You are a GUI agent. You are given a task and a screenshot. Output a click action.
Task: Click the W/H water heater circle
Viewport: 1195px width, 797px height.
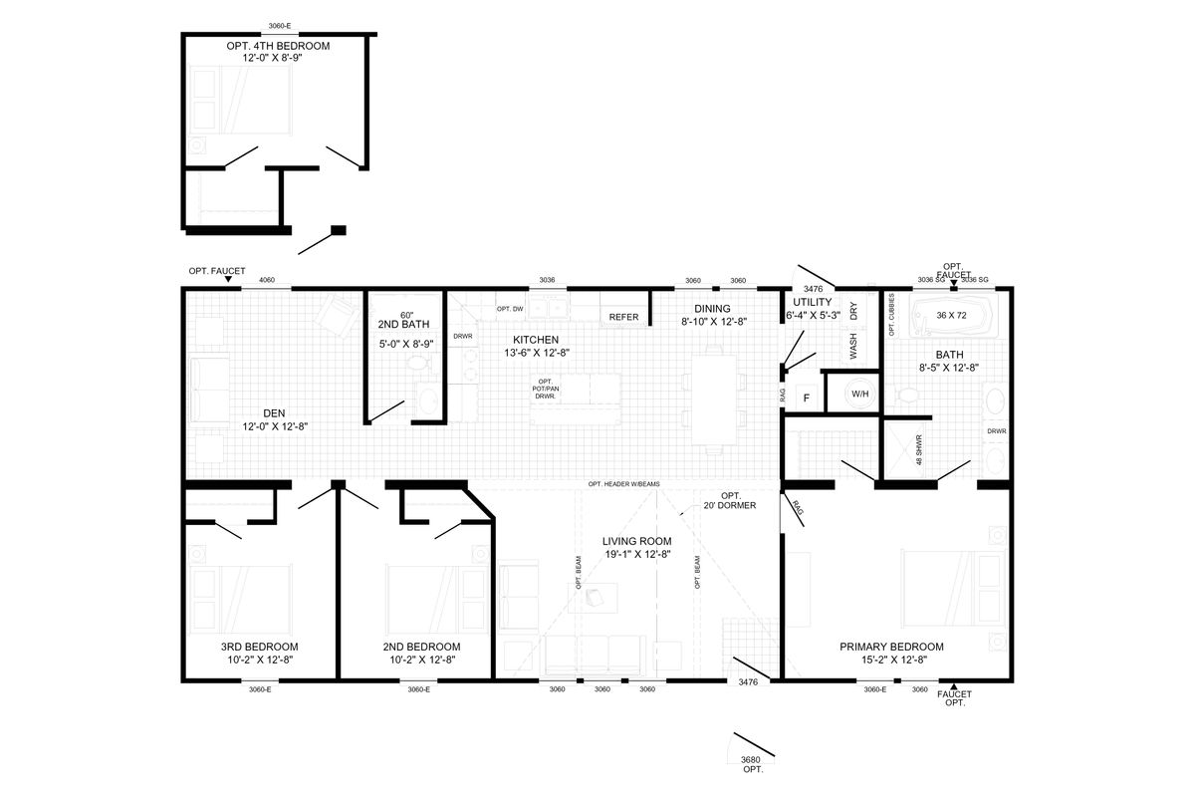point(860,394)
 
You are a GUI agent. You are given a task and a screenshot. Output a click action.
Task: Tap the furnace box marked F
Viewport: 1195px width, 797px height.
point(806,398)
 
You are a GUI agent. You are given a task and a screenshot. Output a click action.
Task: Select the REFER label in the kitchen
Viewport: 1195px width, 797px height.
point(623,317)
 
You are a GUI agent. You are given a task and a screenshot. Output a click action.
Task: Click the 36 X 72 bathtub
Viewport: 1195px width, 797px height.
point(953,316)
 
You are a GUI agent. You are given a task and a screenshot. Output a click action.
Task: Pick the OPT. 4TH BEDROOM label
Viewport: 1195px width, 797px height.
point(278,47)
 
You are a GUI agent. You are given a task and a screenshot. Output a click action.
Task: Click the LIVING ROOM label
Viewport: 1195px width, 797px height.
point(637,541)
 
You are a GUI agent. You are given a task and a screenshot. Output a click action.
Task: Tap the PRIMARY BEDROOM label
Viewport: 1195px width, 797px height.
point(891,647)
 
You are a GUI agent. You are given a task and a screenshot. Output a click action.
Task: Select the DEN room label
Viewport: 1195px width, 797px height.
point(274,413)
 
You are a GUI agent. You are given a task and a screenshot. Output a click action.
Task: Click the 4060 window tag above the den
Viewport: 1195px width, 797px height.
point(267,280)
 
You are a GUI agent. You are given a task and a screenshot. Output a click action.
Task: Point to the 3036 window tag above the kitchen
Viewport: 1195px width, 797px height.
point(548,280)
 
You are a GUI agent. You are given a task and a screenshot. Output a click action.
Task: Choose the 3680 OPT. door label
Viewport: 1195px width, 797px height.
point(751,764)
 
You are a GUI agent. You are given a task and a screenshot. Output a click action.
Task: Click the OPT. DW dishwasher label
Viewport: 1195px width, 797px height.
point(510,309)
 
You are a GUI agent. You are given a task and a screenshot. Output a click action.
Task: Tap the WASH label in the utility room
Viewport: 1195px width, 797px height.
point(853,346)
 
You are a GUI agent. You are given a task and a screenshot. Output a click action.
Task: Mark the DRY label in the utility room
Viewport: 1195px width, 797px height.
point(853,311)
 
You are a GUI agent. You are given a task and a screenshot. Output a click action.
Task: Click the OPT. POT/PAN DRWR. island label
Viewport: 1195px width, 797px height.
point(546,390)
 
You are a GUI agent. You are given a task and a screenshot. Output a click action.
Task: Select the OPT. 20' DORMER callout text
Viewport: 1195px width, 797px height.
point(730,501)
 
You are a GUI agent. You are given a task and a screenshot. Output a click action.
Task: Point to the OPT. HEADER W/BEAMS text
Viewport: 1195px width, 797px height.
point(624,484)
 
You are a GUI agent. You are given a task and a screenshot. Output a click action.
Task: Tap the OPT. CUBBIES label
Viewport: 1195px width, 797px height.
point(892,315)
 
